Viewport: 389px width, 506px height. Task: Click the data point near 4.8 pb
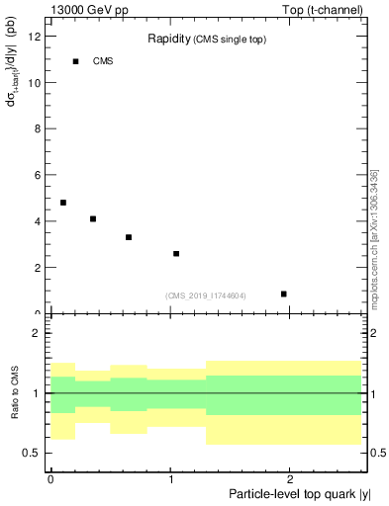pos(63,203)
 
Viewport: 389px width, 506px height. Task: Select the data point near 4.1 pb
pos(93,218)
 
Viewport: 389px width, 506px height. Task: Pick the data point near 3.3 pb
pos(129,237)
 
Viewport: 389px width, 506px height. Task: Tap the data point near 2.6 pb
pos(176,254)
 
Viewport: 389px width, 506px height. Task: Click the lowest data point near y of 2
pos(284,294)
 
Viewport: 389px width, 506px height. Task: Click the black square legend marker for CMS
pos(75,61)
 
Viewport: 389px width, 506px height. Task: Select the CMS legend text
pos(103,61)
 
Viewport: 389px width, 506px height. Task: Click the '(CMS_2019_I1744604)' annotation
pos(206,295)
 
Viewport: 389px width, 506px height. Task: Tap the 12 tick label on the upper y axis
pos(36,37)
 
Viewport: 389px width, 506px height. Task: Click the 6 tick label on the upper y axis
pos(39,175)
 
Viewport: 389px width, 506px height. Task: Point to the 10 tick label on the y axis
pos(36,83)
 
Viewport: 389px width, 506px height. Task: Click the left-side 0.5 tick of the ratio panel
pos(32,453)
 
